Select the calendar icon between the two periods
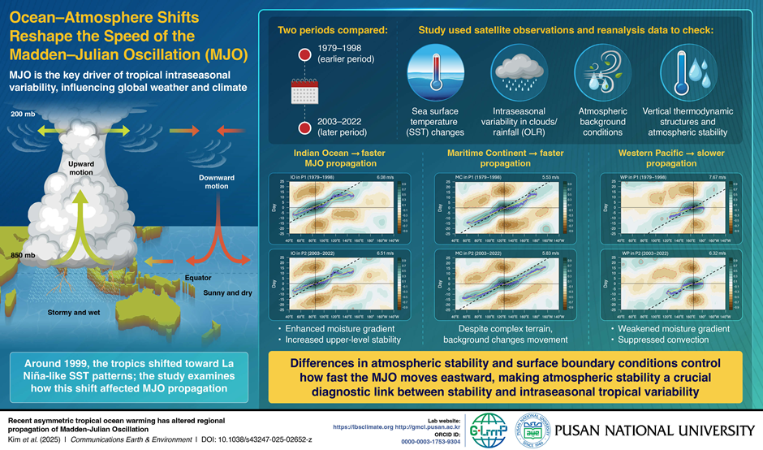303,94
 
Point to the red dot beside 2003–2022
304,128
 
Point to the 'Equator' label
198,278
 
